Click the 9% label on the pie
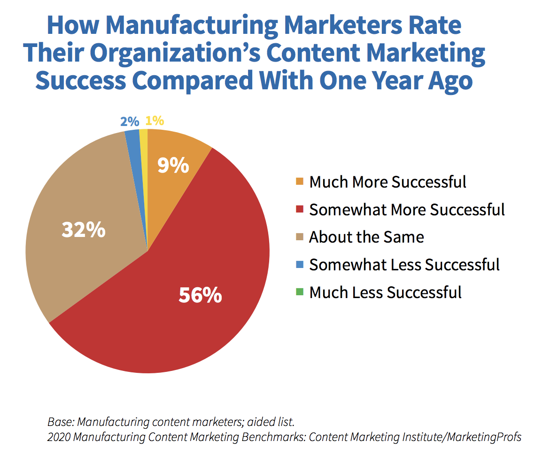(x=173, y=165)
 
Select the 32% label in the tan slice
(x=84, y=230)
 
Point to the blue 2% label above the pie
(x=130, y=121)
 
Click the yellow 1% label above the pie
(x=155, y=121)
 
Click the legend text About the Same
(x=366, y=237)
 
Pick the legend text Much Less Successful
(x=385, y=292)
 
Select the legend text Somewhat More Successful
(x=407, y=209)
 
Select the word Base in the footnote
(x=58, y=421)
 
